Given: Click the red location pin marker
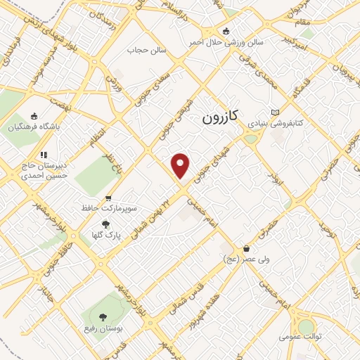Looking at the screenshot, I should pyautogui.click(x=181, y=165).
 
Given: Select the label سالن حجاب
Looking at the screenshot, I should pyautogui.click(x=146, y=50).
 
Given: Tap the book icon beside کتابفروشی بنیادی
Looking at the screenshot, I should pyautogui.click(x=275, y=112).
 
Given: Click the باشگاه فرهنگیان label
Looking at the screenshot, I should pyautogui.click(x=34, y=128).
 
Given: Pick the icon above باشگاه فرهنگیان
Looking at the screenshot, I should pyautogui.click(x=34, y=117).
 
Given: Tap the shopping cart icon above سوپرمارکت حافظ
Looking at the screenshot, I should pyautogui.click(x=108, y=198).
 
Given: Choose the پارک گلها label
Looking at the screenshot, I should pyautogui.click(x=105, y=235).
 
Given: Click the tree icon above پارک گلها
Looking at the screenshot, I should pyautogui.click(x=105, y=224).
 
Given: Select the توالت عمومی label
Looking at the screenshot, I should pyautogui.click(x=300, y=337).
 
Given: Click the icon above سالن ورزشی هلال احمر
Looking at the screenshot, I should pyautogui.click(x=226, y=31).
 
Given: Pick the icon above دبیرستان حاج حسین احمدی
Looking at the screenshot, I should pyautogui.click(x=44, y=155).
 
